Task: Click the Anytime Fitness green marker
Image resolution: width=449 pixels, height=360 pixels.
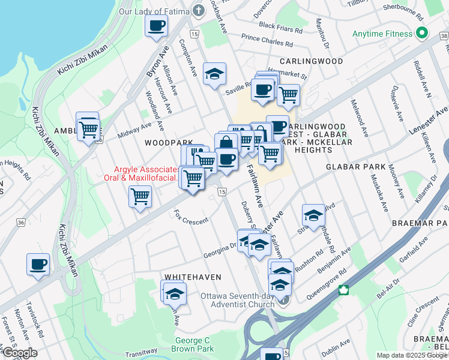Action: [x=421, y=32]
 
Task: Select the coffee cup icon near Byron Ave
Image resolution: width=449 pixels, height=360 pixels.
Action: [x=156, y=26]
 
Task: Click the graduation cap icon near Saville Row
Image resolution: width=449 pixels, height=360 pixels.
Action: [x=214, y=74]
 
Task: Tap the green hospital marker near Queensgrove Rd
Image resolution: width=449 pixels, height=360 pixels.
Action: [x=344, y=290]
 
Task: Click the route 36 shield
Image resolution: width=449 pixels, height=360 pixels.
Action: [x=22, y=223]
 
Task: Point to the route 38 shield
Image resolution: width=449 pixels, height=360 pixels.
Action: [x=443, y=36]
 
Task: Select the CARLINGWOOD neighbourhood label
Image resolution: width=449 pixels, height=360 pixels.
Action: [x=310, y=61]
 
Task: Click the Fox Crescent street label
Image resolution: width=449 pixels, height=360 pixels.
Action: [x=191, y=217]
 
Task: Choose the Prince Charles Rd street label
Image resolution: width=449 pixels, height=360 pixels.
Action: [x=267, y=40]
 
